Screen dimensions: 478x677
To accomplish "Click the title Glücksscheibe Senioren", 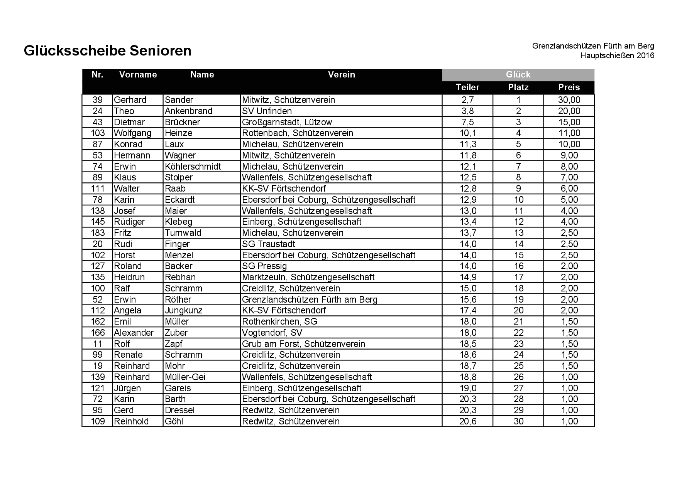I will (x=107, y=51).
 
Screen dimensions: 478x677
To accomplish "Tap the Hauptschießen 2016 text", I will (x=617, y=56).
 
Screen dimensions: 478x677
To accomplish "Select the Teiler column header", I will (x=467, y=88).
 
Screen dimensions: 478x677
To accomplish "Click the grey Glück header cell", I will (x=518, y=75).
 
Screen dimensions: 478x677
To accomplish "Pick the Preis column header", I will (x=569, y=88).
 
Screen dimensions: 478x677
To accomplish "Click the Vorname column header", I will (x=138, y=75).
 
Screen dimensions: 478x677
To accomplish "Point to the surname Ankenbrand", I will (x=188, y=111).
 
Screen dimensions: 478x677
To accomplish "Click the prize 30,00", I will (x=569, y=100).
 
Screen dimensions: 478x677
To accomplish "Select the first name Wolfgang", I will (x=132, y=133).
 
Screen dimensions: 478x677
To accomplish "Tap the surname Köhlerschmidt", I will (x=193, y=167).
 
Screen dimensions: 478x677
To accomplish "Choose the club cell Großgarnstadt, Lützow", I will (x=287, y=122).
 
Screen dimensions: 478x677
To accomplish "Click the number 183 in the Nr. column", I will (x=98, y=233).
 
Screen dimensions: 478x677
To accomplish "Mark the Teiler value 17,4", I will (x=467, y=311).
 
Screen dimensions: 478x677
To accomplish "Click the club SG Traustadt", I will (x=268, y=244).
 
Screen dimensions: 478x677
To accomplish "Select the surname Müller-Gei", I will (x=185, y=377).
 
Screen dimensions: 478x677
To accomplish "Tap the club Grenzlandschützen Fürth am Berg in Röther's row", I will (x=310, y=300).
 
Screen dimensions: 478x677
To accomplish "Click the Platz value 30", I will (x=518, y=421).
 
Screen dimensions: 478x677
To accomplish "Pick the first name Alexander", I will (x=134, y=333).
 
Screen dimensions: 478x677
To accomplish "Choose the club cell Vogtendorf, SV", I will (x=272, y=333).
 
